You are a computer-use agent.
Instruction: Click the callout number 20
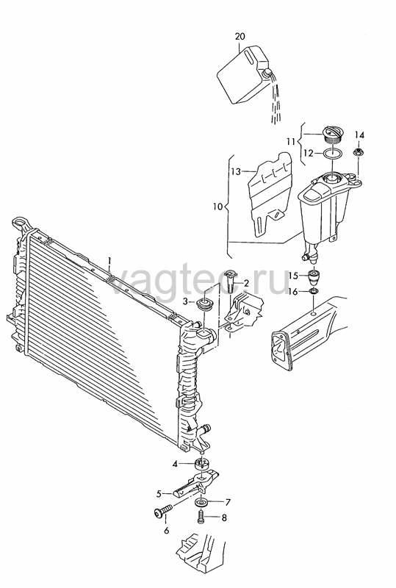240,36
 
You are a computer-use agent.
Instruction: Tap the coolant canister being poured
243,75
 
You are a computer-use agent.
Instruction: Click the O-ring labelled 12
332,154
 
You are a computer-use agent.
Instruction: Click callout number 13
236,172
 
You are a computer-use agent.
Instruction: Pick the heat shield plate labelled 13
271,194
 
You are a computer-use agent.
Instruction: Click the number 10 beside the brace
218,207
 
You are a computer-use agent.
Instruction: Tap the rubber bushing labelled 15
314,278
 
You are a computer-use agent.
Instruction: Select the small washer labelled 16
314,291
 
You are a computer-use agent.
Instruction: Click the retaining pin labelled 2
230,281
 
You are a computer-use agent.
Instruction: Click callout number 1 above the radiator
109,260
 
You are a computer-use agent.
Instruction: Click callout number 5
159,494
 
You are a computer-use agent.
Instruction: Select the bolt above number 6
163,510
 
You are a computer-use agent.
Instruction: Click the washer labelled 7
202,503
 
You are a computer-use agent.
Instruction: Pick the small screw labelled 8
201,517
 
